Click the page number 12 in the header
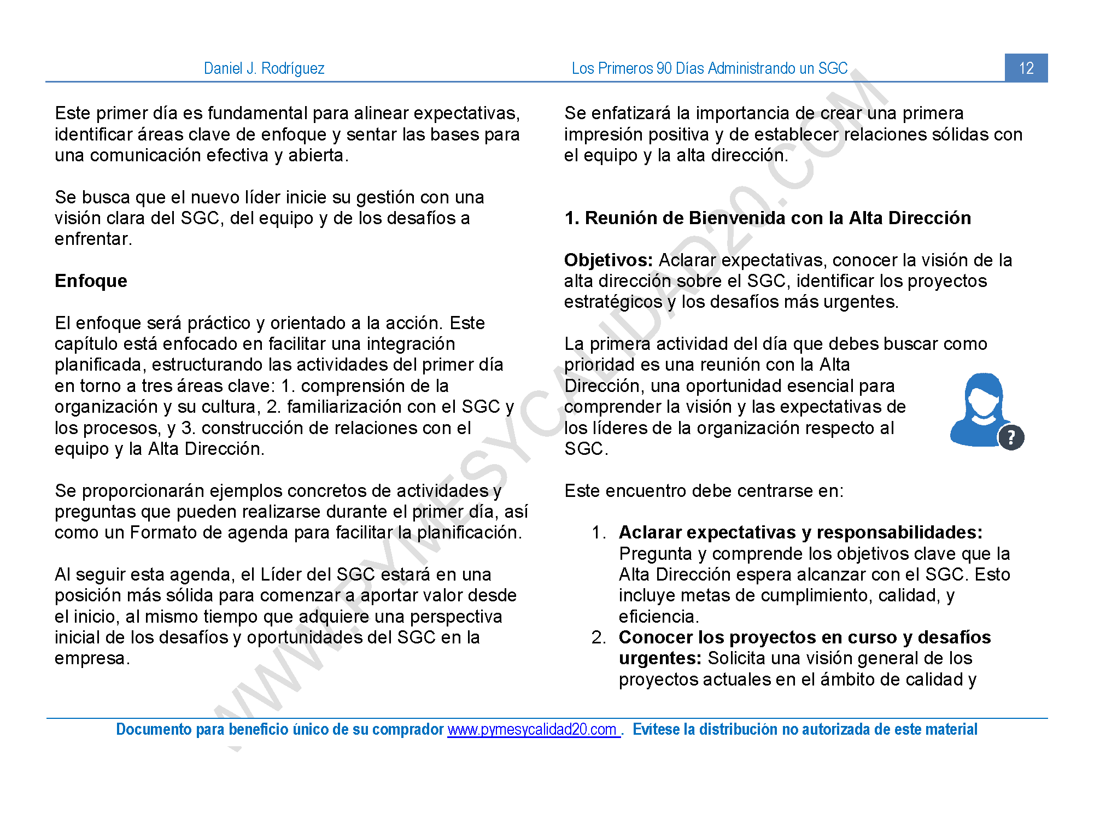coord(1026,68)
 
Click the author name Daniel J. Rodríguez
coord(264,68)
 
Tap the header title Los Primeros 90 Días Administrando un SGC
coord(709,68)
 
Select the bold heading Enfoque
coord(91,281)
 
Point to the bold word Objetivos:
coord(608,260)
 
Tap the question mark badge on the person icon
coord(1011,437)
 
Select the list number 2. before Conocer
coord(599,637)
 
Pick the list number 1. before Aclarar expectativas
coord(599,532)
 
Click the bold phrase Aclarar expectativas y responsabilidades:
coord(800,532)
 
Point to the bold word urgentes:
coord(660,658)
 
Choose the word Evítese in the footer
coord(656,729)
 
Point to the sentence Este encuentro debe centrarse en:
coord(704,491)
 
